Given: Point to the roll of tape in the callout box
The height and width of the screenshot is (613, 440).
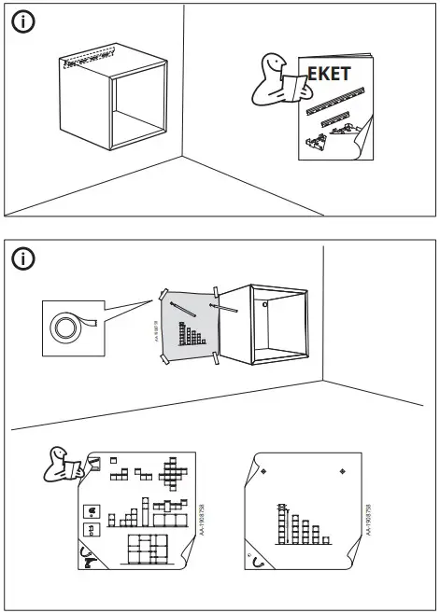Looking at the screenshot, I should [68, 327].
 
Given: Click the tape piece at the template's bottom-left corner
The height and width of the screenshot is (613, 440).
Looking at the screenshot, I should [166, 358].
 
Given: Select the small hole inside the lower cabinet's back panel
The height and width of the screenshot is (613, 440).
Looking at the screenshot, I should [265, 303].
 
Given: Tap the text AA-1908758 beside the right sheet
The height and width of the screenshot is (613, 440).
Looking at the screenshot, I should [370, 519].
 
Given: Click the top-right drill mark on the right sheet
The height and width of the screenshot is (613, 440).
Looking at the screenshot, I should [343, 472].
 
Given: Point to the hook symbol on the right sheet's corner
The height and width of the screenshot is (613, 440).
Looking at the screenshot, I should [257, 563].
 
